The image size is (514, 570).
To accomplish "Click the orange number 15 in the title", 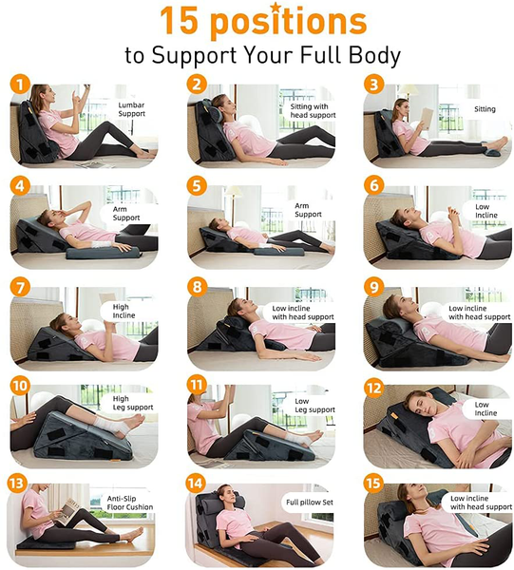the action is pyautogui.click(x=179, y=21).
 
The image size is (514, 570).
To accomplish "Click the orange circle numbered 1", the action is pyautogui.click(x=20, y=85).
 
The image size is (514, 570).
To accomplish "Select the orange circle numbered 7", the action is pyautogui.click(x=20, y=287).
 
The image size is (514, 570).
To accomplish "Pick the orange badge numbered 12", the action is pyautogui.click(x=374, y=389).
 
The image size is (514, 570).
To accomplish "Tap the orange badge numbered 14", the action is pyautogui.click(x=196, y=484).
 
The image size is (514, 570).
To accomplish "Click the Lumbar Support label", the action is pyautogui.click(x=131, y=109).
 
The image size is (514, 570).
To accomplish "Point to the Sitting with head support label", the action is pyautogui.click(x=313, y=110).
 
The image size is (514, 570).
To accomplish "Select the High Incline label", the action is pyautogui.click(x=124, y=312).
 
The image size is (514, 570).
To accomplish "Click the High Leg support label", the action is pyautogui.click(x=133, y=403).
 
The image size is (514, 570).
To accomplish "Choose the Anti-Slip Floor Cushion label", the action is pyautogui.click(x=130, y=503).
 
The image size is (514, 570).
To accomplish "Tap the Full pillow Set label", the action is pyautogui.click(x=310, y=503).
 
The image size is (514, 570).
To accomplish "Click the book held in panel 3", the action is pyautogui.click(x=427, y=118).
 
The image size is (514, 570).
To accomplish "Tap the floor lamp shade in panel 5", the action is pyautogui.click(x=234, y=192).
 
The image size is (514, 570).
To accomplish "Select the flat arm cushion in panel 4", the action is pyautogui.click(x=103, y=253).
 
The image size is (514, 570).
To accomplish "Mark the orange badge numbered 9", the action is pyautogui.click(x=374, y=287).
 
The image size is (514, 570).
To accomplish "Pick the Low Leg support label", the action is pyautogui.click(x=314, y=406).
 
